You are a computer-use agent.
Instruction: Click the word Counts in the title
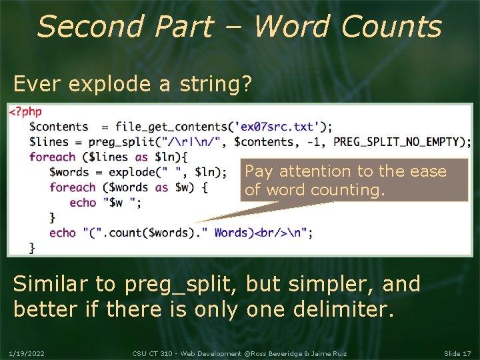click(x=391, y=27)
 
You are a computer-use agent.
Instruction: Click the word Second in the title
click(x=89, y=27)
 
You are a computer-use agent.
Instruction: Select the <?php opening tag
click(x=25, y=112)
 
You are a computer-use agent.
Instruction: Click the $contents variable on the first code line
click(x=59, y=127)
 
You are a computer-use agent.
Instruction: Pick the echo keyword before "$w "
click(x=83, y=202)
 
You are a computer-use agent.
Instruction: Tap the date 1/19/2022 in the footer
click(x=26, y=352)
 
